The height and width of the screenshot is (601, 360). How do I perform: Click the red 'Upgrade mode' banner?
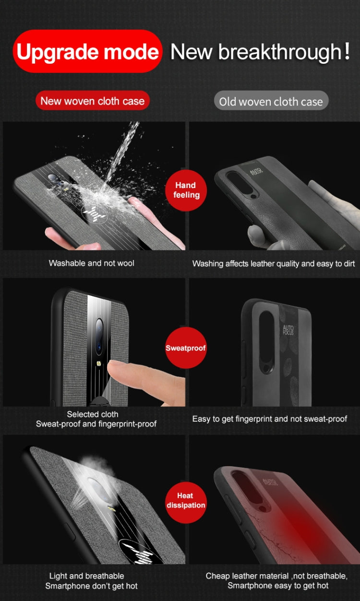coord(87,51)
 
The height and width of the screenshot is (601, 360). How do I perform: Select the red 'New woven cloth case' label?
coord(92,101)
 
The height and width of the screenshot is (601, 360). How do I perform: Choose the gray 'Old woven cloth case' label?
coord(271,102)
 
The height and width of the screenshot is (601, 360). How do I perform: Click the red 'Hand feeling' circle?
coord(186,190)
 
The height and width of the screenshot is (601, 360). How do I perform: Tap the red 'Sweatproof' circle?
coord(186,348)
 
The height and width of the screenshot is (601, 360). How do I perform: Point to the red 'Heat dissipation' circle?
coord(186,500)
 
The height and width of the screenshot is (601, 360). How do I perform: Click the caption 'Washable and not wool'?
coord(91,263)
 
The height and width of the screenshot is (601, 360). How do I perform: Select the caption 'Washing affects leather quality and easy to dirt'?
coord(274,263)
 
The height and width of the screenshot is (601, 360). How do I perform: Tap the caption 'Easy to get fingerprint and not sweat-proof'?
coord(269,419)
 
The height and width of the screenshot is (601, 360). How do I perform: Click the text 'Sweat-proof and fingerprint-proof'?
coord(96,424)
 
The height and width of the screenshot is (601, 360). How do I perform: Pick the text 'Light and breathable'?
coord(86,576)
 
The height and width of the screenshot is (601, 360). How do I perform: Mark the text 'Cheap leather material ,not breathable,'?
coord(276,576)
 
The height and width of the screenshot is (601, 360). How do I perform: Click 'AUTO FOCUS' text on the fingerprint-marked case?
coord(288,330)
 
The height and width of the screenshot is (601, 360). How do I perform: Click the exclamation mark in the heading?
coord(347,51)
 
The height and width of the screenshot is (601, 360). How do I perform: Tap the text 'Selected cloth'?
coord(93,414)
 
